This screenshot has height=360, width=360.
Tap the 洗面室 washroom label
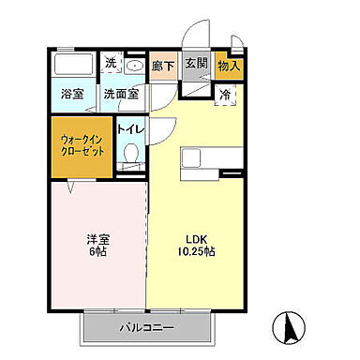[121, 94]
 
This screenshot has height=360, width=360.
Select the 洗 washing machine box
[111, 65]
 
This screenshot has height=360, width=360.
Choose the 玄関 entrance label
[195, 64]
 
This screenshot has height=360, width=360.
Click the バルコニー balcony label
[146, 328]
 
